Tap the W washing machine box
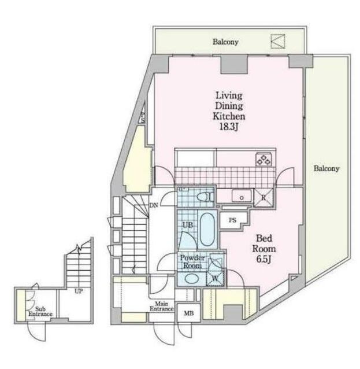click(214, 278)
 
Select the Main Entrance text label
click(162, 307)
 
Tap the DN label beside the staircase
click(154, 205)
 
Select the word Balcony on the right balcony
click(326, 169)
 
